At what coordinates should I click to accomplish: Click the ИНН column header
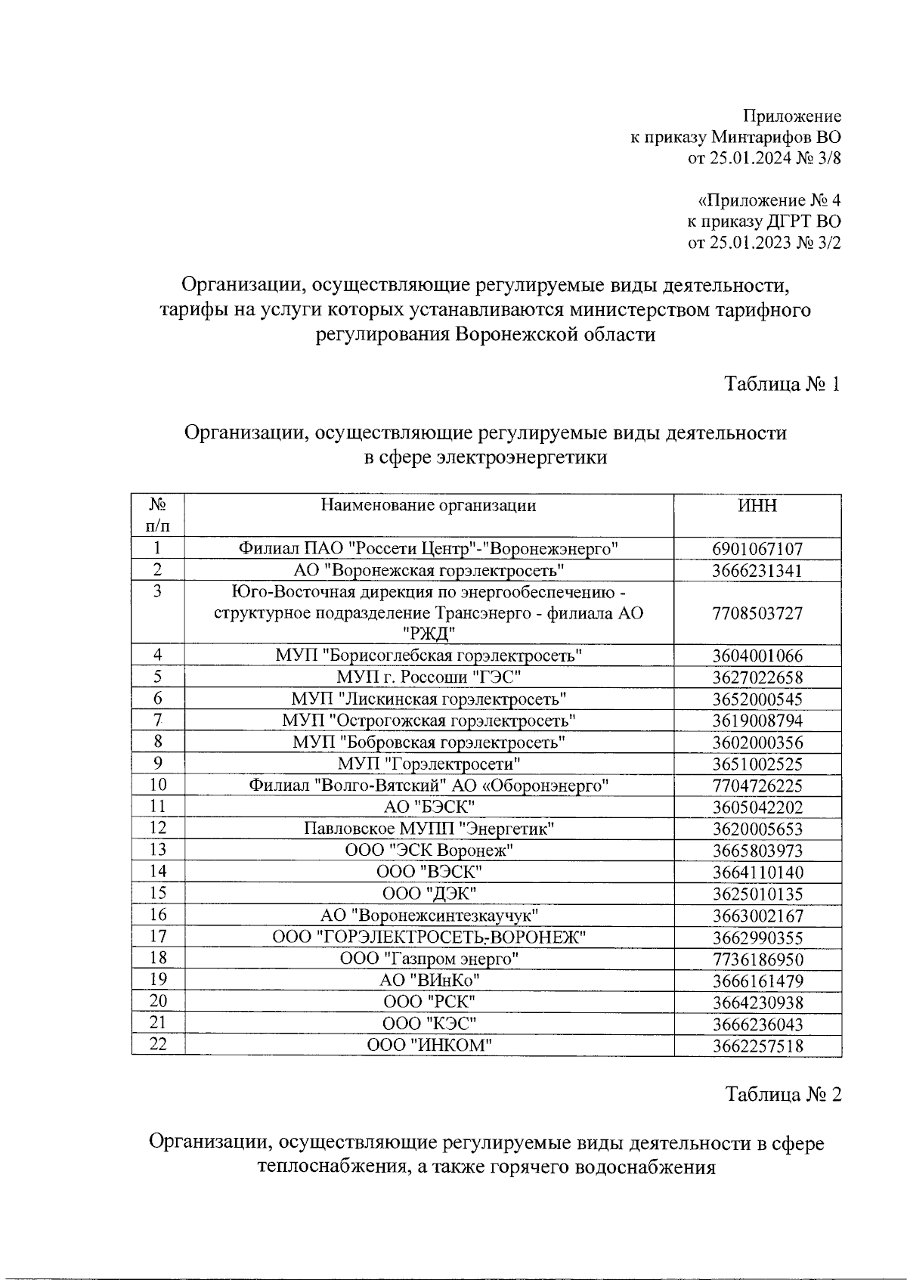click(757, 506)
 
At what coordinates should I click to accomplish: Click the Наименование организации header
click(429, 506)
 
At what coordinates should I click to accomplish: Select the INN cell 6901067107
click(757, 549)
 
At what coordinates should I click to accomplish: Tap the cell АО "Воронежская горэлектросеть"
click(429, 570)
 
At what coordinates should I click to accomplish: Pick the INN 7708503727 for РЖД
click(757, 613)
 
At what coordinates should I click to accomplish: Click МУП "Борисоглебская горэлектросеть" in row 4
click(429, 655)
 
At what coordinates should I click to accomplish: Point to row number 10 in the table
click(157, 786)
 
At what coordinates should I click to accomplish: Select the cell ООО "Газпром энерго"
click(429, 959)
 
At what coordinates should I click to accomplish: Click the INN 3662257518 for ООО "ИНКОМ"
click(757, 1046)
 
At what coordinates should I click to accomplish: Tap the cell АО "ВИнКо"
click(429, 981)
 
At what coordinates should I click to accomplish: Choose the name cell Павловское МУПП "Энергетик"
click(429, 829)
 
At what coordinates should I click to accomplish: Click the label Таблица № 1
click(782, 383)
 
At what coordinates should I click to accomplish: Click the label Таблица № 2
click(782, 1094)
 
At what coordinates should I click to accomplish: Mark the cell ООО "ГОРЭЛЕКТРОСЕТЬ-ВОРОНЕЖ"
click(429, 938)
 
